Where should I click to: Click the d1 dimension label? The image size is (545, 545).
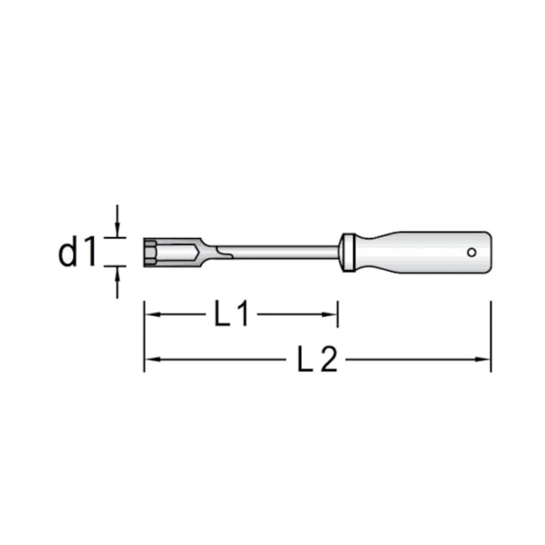[x=78, y=252]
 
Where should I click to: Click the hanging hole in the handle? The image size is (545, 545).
[x=472, y=252]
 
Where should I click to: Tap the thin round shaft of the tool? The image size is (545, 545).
[x=277, y=251]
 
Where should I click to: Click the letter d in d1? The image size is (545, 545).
[x=69, y=252]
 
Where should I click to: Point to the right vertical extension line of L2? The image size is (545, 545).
[x=490, y=335]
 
